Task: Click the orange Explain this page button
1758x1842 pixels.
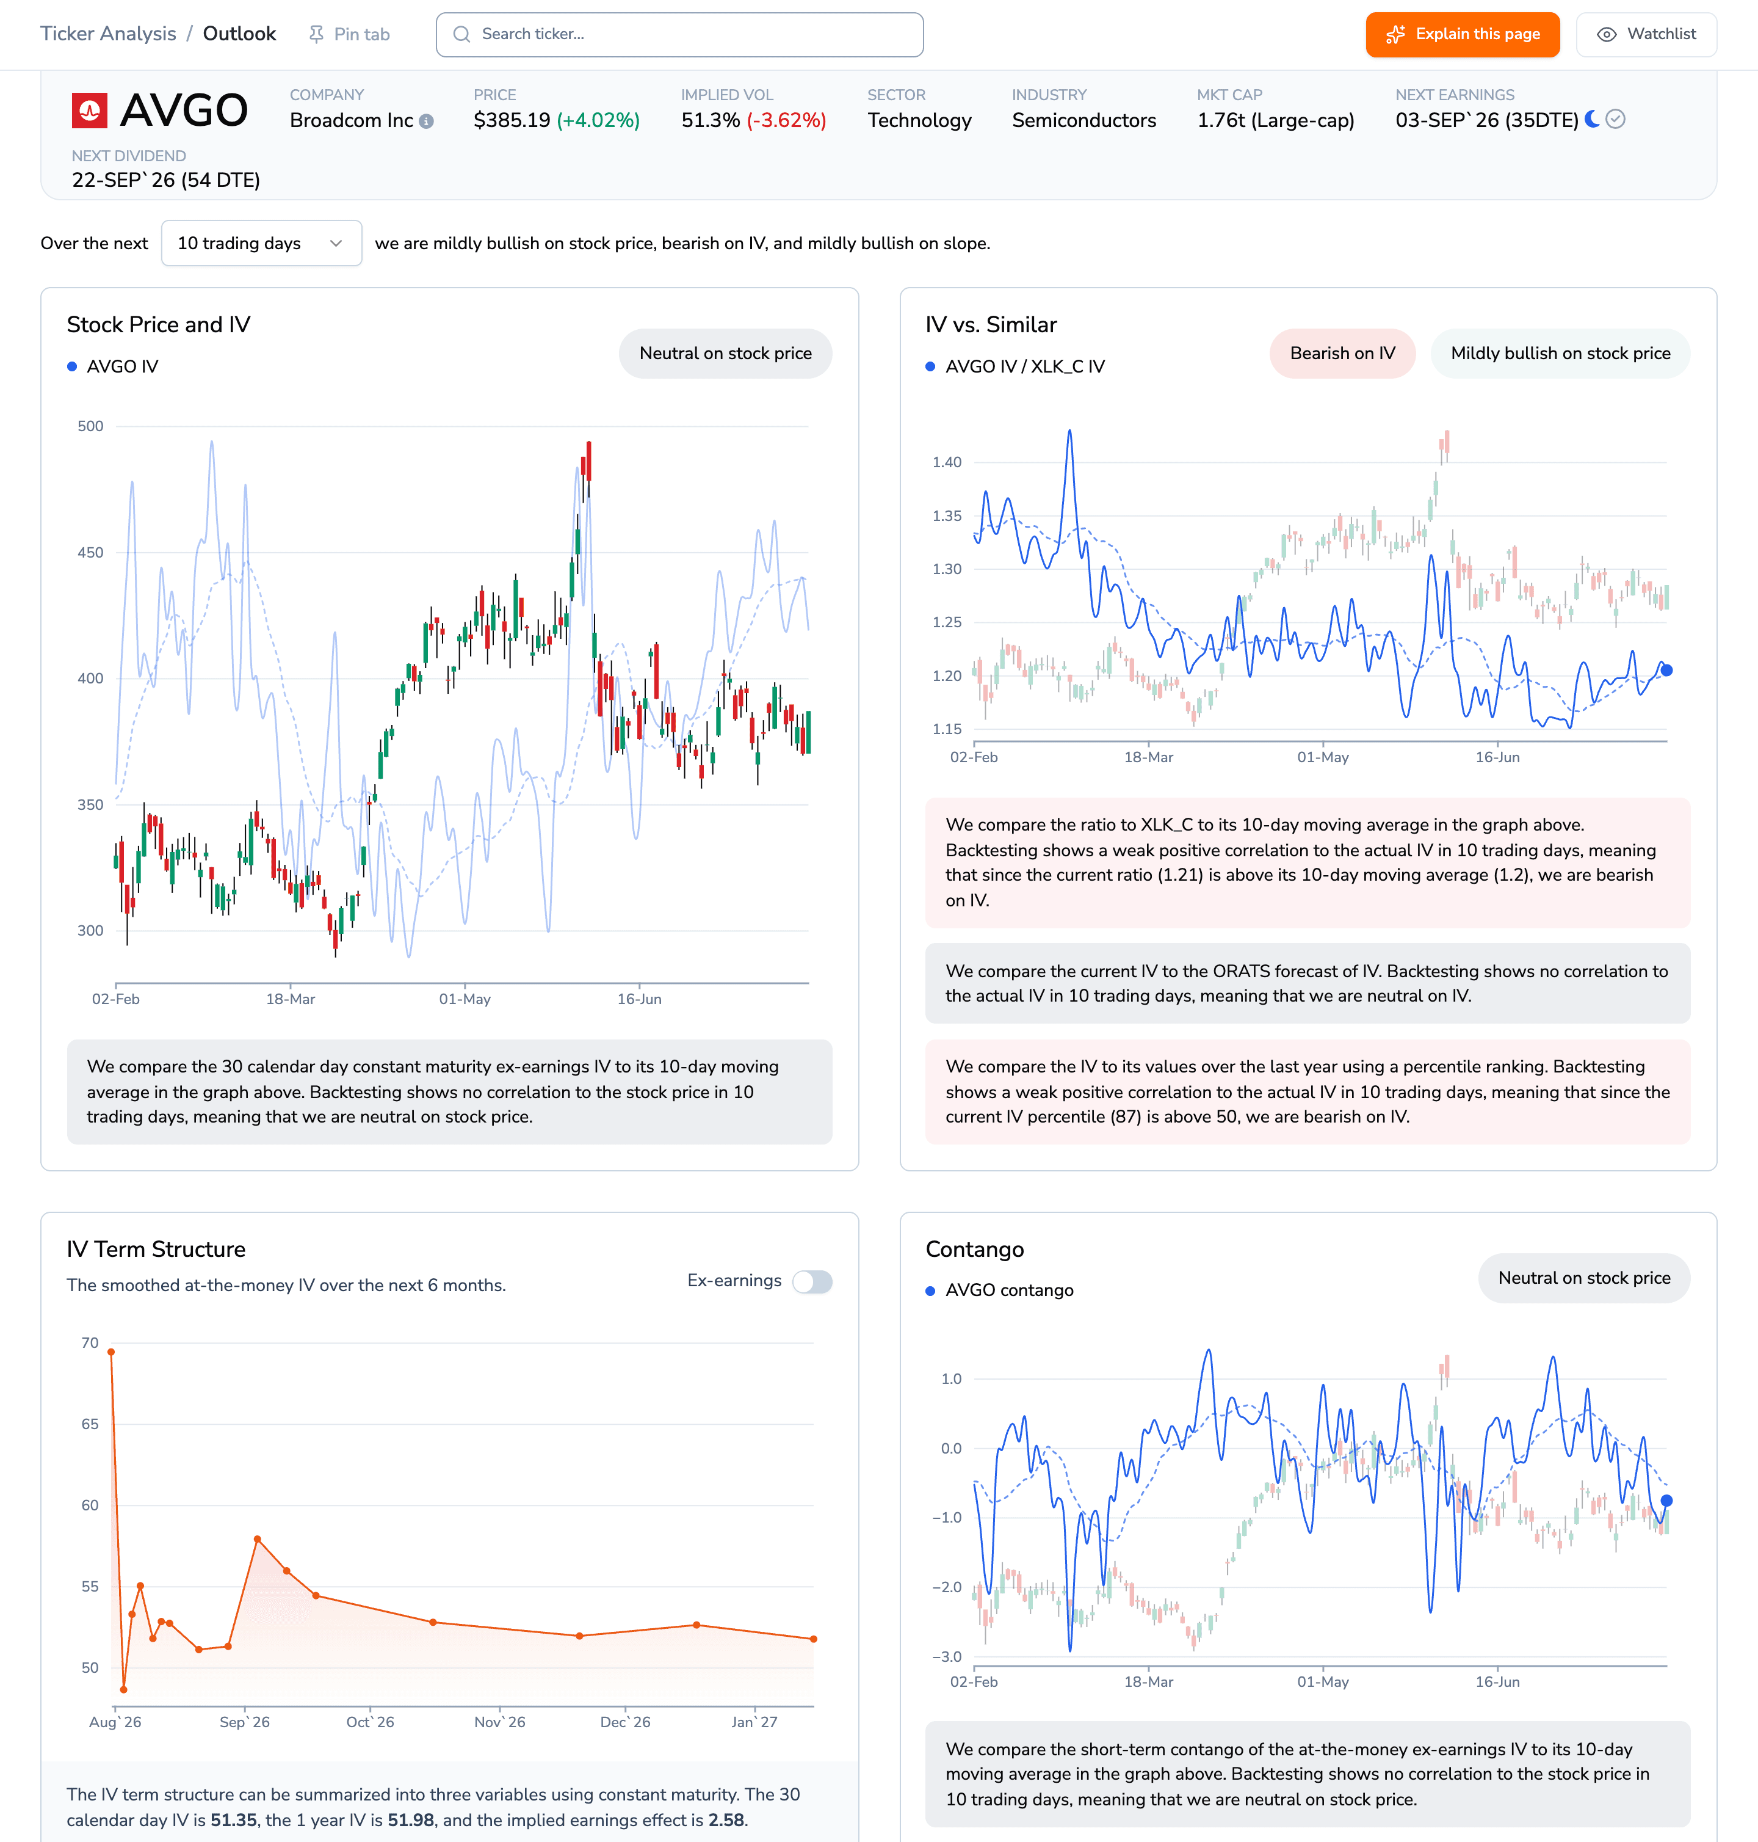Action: click(x=1462, y=35)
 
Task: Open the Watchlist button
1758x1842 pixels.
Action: click(x=1646, y=35)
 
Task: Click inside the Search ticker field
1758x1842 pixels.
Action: click(x=679, y=35)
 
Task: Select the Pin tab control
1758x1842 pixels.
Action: click(x=349, y=35)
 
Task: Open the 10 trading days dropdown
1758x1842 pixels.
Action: click(x=261, y=244)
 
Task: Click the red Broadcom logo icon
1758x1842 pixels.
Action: click(x=90, y=111)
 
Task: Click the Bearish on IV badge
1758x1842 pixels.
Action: click(x=1342, y=354)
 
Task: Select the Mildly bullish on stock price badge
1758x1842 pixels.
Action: click(x=1560, y=354)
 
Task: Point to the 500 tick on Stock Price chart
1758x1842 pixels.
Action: click(x=91, y=426)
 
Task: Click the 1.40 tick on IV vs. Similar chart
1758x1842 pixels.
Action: click(x=947, y=462)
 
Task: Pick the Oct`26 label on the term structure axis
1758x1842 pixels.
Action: click(x=370, y=1722)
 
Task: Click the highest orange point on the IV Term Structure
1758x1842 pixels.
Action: click(x=112, y=1352)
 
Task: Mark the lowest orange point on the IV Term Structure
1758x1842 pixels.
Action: click(x=124, y=1689)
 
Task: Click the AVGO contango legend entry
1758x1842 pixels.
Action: click(x=1000, y=1291)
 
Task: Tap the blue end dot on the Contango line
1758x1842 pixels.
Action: click(x=1666, y=1501)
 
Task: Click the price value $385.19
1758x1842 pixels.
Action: click(x=512, y=121)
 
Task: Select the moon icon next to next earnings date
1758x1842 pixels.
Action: click(x=1592, y=119)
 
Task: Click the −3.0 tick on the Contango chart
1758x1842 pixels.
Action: click(x=947, y=1656)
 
